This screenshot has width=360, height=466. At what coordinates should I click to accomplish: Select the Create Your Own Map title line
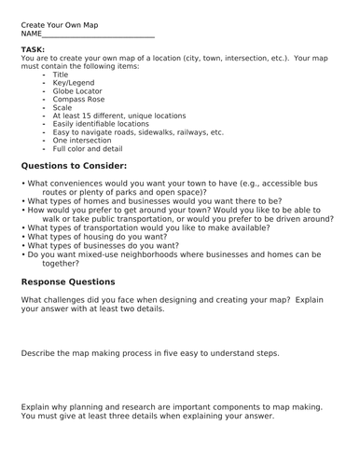click(59, 25)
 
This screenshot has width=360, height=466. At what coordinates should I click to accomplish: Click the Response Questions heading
click(68, 281)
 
